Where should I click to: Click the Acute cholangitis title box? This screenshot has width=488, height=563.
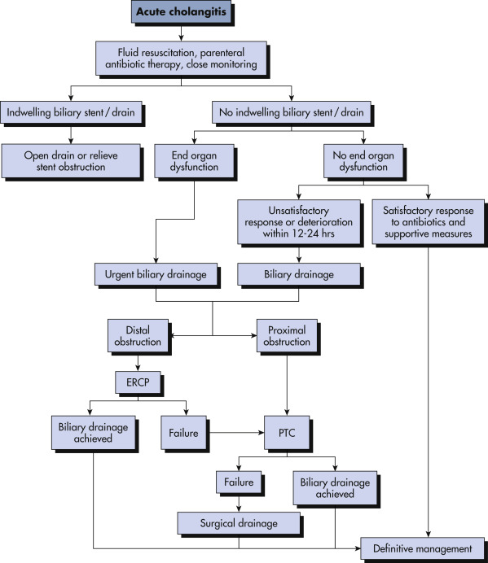(x=181, y=12)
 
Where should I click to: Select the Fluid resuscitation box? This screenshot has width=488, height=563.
(x=181, y=58)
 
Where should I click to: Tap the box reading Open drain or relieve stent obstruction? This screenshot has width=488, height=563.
(x=71, y=161)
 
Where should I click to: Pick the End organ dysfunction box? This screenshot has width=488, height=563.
(x=194, y=161)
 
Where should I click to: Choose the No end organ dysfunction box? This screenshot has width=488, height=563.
(x=363, y=161)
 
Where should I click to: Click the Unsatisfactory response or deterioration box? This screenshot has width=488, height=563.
(x=299, y=222)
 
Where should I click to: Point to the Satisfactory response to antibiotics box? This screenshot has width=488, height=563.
(x=428, y=222)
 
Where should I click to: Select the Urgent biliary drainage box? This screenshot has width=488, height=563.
(x=156, y=274)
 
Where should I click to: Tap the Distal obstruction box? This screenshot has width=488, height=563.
(x=138, y=336)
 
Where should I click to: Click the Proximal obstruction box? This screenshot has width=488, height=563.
(x=287, y=336)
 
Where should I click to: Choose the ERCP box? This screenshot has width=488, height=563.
(x=138, y=382)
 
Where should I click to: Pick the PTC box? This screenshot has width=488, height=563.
(x=287, y=433)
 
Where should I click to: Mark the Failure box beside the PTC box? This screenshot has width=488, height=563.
(x=183, y=433)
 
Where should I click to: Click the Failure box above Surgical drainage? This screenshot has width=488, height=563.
(x=239, y=482)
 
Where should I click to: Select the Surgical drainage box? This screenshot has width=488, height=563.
(x=239, y=523)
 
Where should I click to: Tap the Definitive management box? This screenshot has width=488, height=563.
(x=423, y=548)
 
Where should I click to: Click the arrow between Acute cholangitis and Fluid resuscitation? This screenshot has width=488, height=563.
(x=181, y=33)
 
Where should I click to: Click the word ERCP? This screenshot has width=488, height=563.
(x=138, y=382)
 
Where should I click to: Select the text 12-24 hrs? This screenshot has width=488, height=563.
(x=309, y=233)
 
